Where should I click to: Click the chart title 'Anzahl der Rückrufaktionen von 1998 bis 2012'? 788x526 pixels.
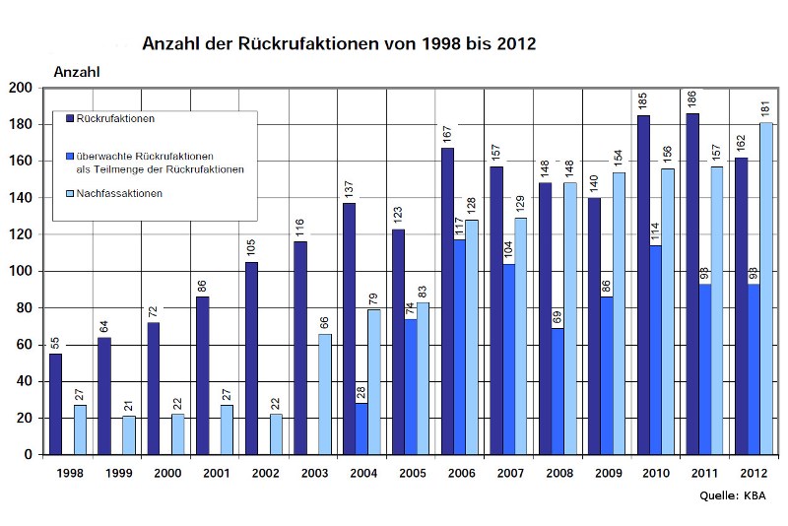point(339,44)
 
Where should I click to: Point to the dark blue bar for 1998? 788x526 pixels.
point(55,404)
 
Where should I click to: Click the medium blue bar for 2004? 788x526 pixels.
point(361,428)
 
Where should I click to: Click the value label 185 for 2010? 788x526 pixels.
point(643,101)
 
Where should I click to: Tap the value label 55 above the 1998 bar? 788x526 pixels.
point(55,341)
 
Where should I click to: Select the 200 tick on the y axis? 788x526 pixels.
point(22,88)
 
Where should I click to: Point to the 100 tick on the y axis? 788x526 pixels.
point(22,271)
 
